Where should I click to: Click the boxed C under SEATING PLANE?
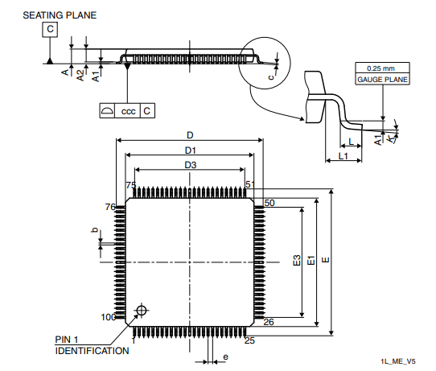point(50,30)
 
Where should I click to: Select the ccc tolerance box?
point(128,111)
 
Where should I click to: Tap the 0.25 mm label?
point(382,68)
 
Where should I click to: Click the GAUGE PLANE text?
point(382,80)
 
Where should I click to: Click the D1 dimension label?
point(191,150)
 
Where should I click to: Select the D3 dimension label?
point(191,165)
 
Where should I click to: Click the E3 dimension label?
point(297,261)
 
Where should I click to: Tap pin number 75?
point(130,186)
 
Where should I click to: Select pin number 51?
point(249,185)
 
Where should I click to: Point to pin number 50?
point(269,203)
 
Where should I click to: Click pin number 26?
point(269,322)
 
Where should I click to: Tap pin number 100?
point(108,317)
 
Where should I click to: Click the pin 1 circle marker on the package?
point(142,311)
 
